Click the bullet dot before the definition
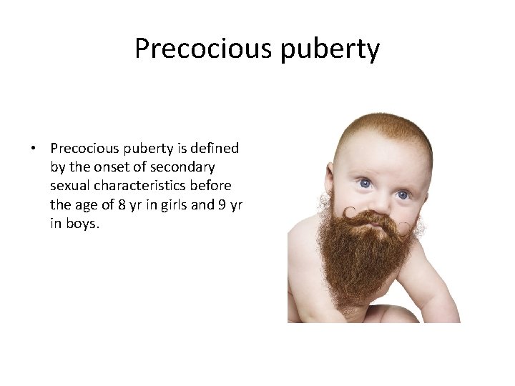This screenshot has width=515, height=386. click(34, 149)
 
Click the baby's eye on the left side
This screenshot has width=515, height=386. click(364, 183)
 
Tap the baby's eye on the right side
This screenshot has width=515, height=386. click(402, 194)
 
